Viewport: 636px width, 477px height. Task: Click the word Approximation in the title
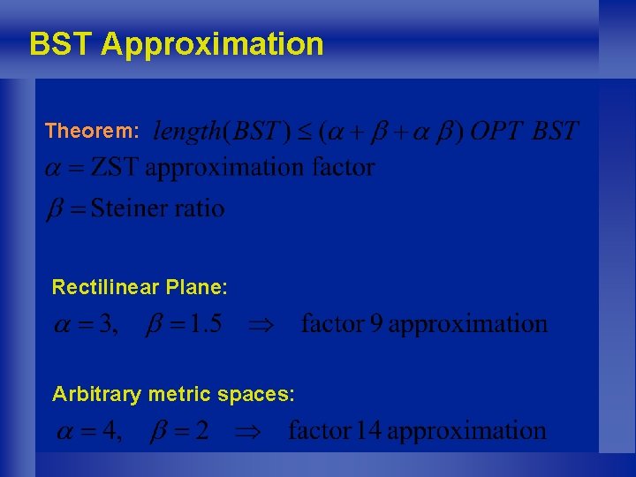pyautogui.click(x=212, y=43)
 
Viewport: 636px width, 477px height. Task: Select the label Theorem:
pyautogui.click(x=92, y=132)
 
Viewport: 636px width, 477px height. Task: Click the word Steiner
pyautogui.click(x=135, y=208)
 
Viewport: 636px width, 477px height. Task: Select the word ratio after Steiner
pyautogui.click(x=205, y=208)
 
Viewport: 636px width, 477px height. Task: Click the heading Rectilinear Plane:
pyautogui.click(x=140, y=287)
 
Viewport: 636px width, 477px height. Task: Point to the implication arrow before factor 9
pyautogui.click(x=262, y=325)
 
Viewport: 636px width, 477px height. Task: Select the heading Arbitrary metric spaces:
pyautogui.click(x=173, y=394)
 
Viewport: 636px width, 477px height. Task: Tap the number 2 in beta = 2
pyautogui.click(x=202, y=432)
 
